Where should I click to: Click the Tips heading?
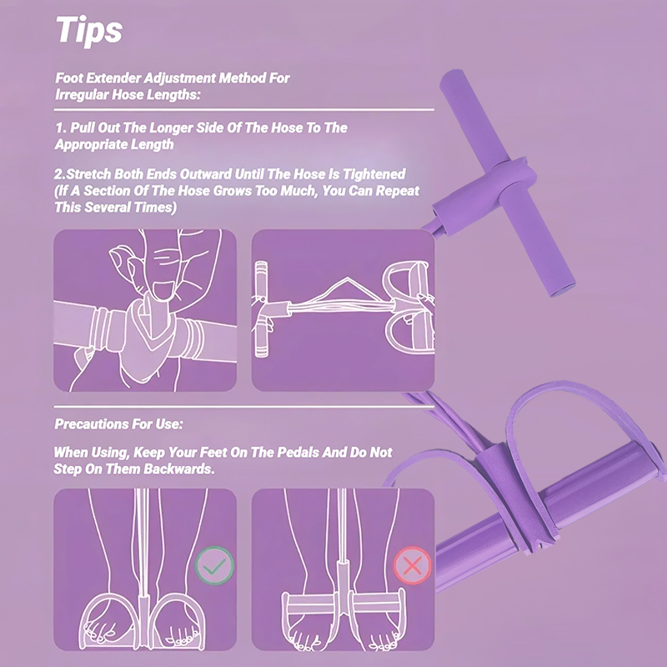pyautogui.click(x=89, y=31)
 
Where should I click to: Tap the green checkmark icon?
pyautogui.click(x=214, y=565)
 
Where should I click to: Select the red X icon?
pyautogui.click(x=412, y=565)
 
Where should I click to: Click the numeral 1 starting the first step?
pyautogui.click(x=59, y=128)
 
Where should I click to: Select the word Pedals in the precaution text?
pyautogui.click(x=298, y=452)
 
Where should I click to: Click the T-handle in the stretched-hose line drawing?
pyautogui.click(x=263, y=309)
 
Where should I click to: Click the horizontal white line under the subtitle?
pyautogui.click(x=244, y=110)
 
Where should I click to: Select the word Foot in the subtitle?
pyautogui.click(x=68, y=78)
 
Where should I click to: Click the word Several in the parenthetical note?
pyautogui.click(x=108, y=207)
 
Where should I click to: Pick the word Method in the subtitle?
pyautogui.click(x=242, y=78)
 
